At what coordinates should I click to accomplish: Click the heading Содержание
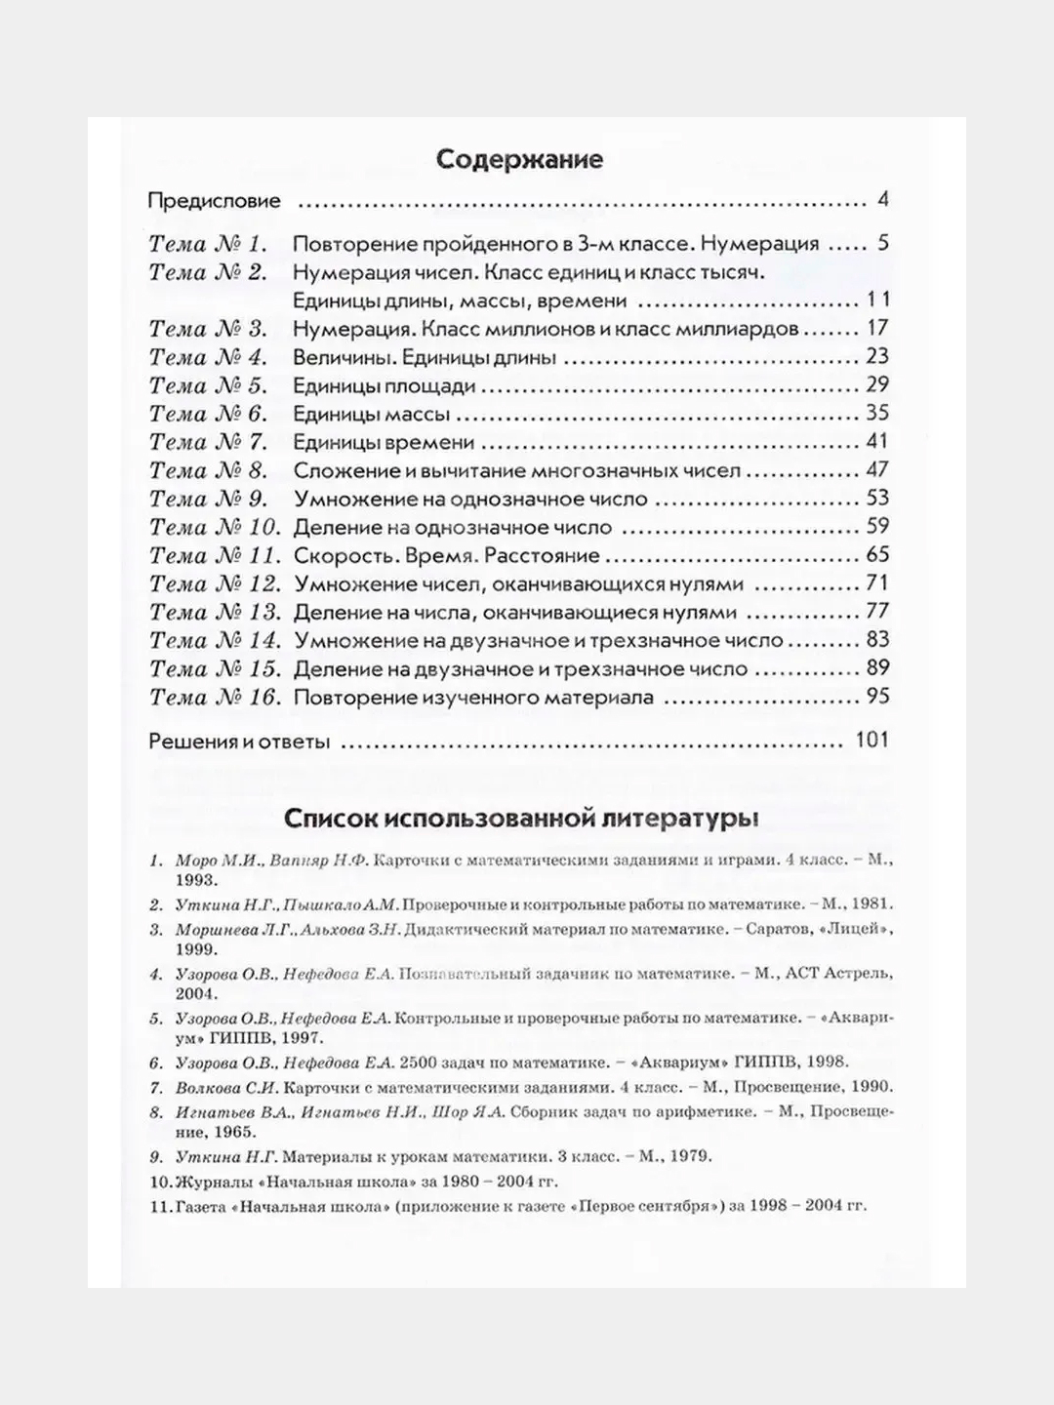pyautogui.click(x=519, y=159)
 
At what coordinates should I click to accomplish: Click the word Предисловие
pyautogui.click(x=214, y=202)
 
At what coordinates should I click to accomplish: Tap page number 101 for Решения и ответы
pyautogui.click(x=872, y=741)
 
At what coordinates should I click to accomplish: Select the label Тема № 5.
pyautogui.click(x=207, y=386)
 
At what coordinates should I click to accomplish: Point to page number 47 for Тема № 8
pyautogui.click(x=876, y=470)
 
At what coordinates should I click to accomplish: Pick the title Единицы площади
pyautogui.click(x=385, y=386)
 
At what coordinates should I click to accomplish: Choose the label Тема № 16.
pyautogui.click(x=215, y=698)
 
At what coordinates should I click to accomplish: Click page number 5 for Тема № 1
pyautogui.click(x=882, y=244)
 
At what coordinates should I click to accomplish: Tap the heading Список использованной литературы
pyautogui.click(x=519, y=817)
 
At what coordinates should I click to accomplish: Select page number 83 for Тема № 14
pyautogui.click(x=877, y=640)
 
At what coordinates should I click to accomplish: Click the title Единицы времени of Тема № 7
pyautogui.click(x=384, y=443)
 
